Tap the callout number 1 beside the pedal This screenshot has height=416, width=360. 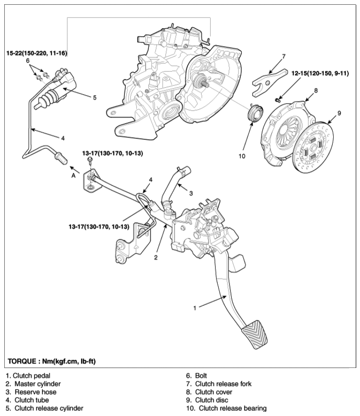coord(194,308)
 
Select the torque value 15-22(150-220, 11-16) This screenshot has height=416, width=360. coord(36,54)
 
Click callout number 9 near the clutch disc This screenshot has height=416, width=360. coord(339,113)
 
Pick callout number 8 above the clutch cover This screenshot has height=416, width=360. coord(316,90)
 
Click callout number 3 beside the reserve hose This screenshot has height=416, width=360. coord(191,193)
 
